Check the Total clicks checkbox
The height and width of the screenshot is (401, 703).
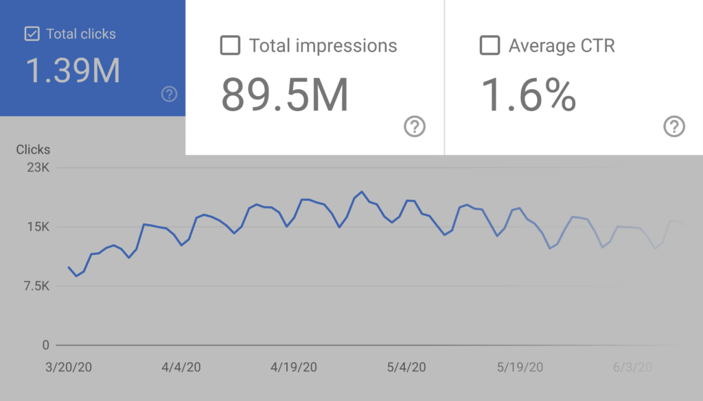click(x=32, y=34)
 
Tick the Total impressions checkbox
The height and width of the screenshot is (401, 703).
click(x=230, y=46)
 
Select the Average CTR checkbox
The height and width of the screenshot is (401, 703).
click(x=489, y=46)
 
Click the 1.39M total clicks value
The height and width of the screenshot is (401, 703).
click(x=73, y=71)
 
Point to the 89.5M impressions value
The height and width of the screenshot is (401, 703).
click(x=284, y=95)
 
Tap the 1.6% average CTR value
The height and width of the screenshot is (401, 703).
click(x=527, y=95)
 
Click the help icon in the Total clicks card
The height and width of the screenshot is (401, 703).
click(x=169, y=95)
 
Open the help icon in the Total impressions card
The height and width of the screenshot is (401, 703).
click(x=415, y=126)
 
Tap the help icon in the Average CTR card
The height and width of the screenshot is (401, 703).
click(x=674, y=126)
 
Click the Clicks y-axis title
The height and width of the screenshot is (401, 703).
click(x=33, y=149)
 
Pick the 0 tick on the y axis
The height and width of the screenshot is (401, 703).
click(x=45, y=345)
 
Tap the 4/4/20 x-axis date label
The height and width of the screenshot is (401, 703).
click(x=181, y=367)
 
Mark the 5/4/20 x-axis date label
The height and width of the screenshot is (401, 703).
click(x=406, y=367)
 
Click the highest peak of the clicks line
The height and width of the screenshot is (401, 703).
click(x=362, y=192)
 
